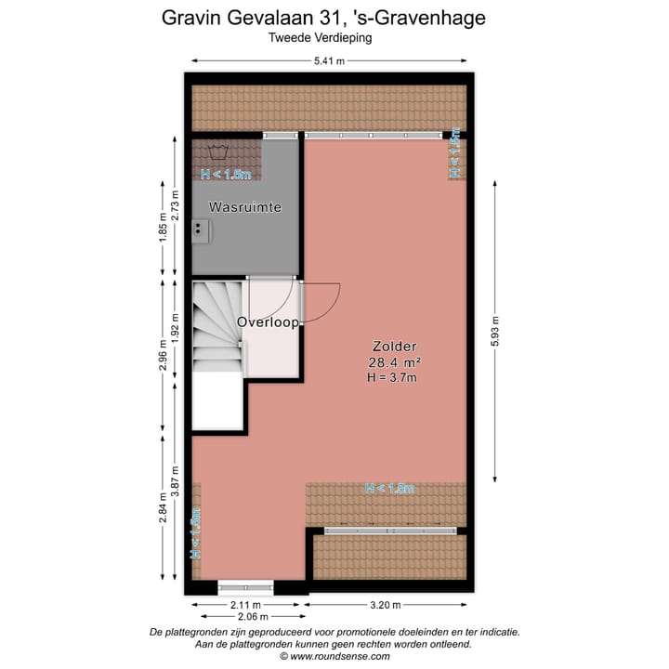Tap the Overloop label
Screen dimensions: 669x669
(x=268, y=322)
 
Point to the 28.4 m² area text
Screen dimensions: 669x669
(x=395, y=362)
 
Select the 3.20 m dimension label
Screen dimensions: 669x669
(x=384, y=605)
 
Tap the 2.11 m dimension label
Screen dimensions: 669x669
(x=245, y=605)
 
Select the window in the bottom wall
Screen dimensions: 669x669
(x=245, y=587)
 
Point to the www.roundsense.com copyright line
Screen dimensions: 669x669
(x=335, y=656)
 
